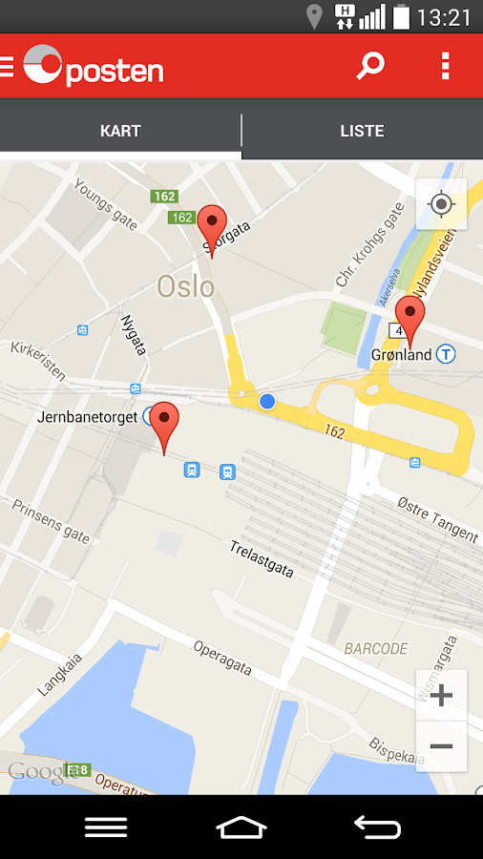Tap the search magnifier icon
[369, 66]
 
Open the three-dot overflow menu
[445, 66]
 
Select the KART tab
[120, 131]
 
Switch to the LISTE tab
[362, 131]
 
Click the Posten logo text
[115, 70]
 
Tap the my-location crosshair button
[441, 204]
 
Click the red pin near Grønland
[410, 318]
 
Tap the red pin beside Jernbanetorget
[165, 425]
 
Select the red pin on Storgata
[212, 227]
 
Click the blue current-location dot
[267, 402]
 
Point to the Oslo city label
[186, 285]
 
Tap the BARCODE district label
[376, 649]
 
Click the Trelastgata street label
[261, 559]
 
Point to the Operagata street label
[222, 658]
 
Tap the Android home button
[241, 827]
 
